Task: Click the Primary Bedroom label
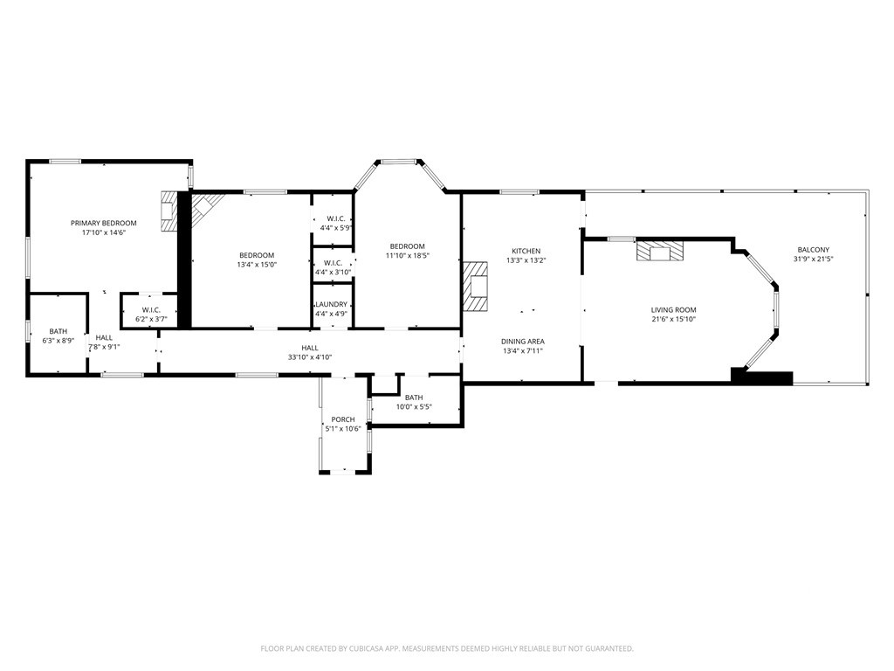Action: (104, 223)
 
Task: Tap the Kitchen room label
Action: (526, 251)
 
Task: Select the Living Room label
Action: (674, 310)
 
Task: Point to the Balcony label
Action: (814, 250)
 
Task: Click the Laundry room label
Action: (331, 305)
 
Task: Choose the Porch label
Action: (343, 419)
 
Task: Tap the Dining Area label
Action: (523, 342)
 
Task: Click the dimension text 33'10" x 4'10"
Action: (310, 357)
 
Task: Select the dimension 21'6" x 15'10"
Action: (674, 320)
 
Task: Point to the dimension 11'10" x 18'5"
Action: (408, 256)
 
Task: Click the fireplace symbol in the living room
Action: (660, 252)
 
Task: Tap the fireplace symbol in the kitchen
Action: (476, 287)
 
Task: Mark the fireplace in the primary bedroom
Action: (168, 211)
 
